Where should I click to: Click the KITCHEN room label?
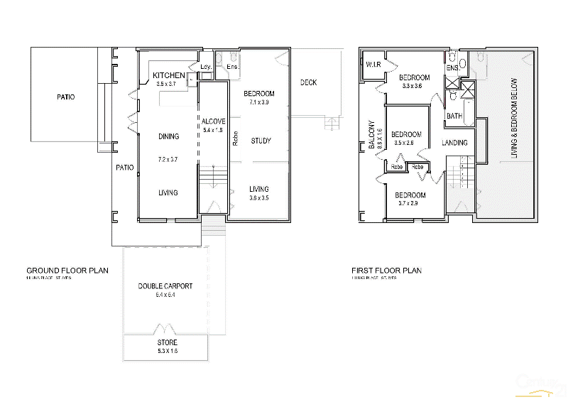[169, 76]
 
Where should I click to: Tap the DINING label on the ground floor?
[169, 136]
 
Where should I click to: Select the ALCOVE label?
[213, 121]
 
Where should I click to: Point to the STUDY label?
[261, 141]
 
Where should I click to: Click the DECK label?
[308, 83]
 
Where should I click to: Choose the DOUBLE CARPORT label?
[165, 286]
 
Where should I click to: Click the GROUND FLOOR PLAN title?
[67, 271]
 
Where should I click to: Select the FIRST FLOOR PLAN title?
[386, 271]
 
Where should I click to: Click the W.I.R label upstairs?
[373, 65]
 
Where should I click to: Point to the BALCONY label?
[371, 134]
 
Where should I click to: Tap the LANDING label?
[454, 143]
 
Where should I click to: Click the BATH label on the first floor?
[454, 116]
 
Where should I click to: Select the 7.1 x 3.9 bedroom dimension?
[258, 102]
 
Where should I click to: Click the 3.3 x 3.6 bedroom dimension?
[412, 86]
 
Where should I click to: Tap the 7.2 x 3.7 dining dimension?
[168, 161]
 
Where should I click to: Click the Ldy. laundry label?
[206, 67]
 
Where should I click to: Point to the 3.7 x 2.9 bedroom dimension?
[410, 204]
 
